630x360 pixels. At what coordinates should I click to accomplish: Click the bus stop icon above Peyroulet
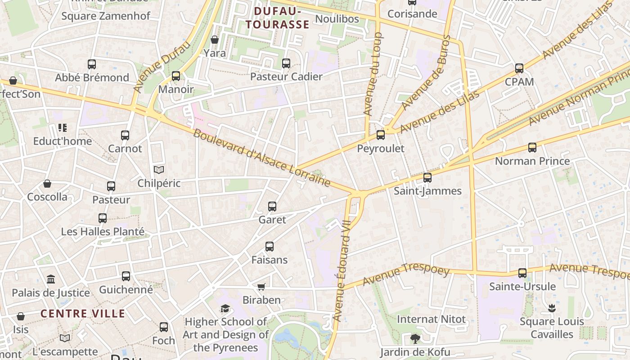tap(381, 135)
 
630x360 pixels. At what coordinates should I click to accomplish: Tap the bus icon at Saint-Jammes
tap(427, 178)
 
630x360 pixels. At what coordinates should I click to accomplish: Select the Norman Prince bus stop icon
tap(532, 148)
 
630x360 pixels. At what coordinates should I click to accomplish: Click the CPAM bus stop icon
tap(519, 68)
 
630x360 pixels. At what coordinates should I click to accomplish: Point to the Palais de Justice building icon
tap(51, 279)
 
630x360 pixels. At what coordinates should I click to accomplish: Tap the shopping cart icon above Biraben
tap(261, 287)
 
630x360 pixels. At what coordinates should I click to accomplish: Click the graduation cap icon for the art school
tap(225, 308)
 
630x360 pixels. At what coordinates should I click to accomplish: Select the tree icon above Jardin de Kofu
tap(415, 338)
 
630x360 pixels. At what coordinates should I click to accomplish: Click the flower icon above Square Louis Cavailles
tap(552, 308)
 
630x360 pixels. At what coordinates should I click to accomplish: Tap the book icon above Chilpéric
tap(159, 170)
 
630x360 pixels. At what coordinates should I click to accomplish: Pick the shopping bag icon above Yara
tap(215, 40)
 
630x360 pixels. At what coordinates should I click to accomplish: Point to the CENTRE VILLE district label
tap(83, 314)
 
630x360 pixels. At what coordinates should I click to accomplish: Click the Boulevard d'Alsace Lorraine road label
tap(262, 158)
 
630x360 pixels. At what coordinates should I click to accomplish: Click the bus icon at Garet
tap(272, 207)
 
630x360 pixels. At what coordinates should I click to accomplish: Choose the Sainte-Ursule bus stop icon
tap(522, 273)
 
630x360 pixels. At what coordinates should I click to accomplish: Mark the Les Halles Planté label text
tap(103, 232)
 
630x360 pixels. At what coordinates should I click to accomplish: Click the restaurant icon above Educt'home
tap(63, 128)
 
